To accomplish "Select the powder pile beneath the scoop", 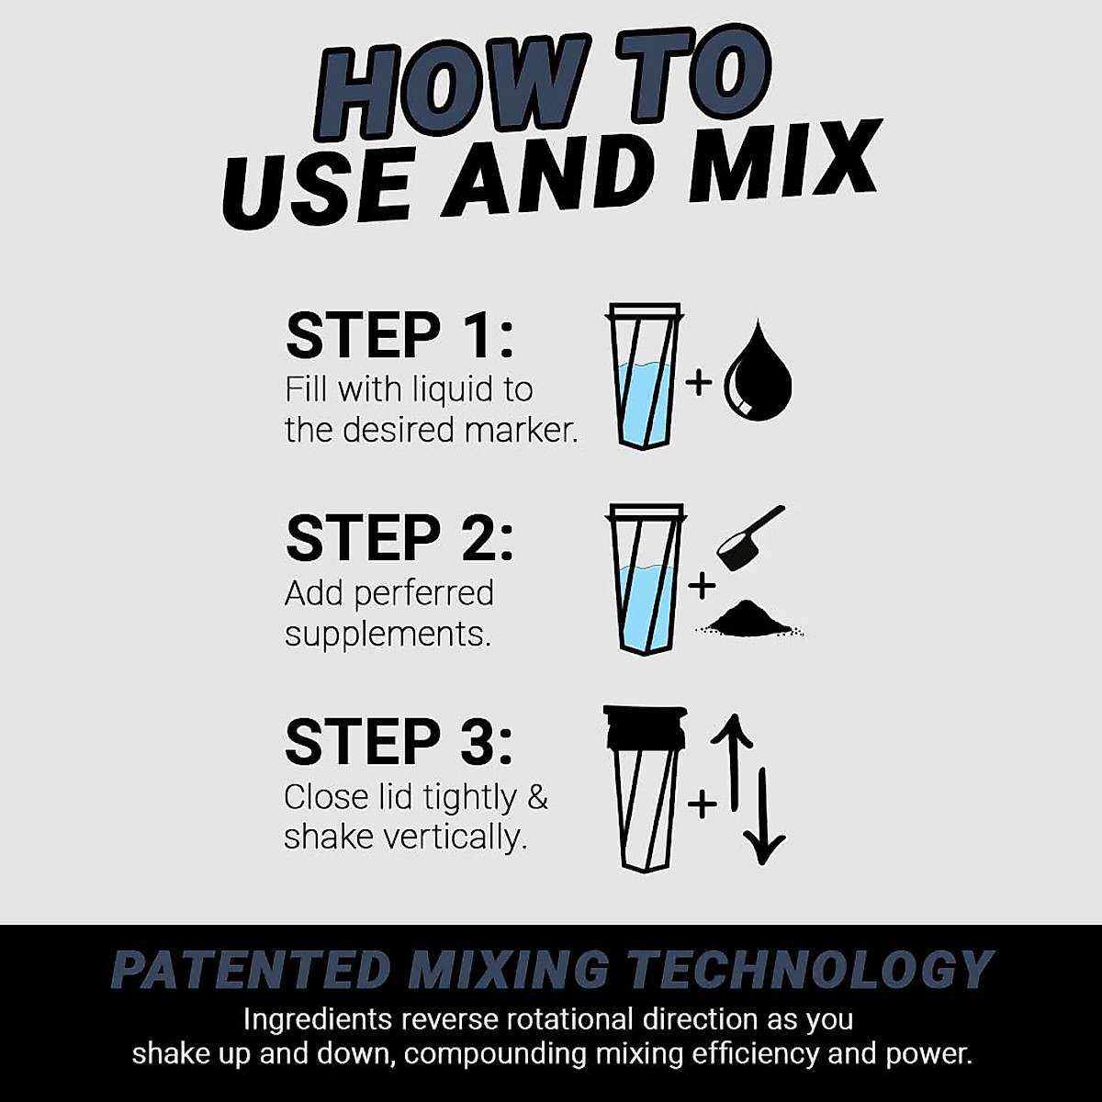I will pos(749,619).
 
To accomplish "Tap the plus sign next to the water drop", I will pos(699,381).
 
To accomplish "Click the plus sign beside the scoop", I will pos(703,585).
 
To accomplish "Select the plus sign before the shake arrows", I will pos(702,804).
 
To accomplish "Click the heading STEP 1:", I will pos(399,336).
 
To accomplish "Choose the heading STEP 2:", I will pos(399,539).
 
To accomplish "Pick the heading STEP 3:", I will pos(399,742).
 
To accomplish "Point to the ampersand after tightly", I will pos(537,796).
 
